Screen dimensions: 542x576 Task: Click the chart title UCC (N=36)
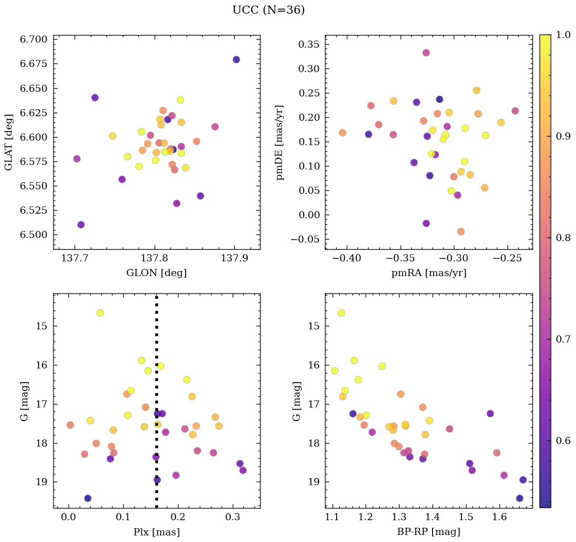[x=268, y=10]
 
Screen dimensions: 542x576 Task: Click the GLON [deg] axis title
[x=156, y=273]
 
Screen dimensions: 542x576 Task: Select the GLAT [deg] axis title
[x=9, y=142]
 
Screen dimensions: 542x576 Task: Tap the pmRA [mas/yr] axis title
[x=428, y=273]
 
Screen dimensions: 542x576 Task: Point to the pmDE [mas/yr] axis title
[x=279, y=143]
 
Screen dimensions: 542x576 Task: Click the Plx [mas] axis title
[x=156, y=532]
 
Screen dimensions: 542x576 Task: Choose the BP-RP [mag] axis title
[x=428, y=532]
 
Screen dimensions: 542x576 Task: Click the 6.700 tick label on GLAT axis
[x=33, y=40]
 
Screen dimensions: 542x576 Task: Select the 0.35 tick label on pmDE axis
[x=308, y=44]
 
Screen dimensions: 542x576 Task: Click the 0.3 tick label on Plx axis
[x=233, y=518]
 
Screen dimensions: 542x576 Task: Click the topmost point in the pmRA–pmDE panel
[x=426, y=53]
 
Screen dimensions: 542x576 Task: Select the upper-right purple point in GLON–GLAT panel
[x=236, y=60]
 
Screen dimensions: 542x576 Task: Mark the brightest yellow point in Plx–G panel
[x=100, y=313]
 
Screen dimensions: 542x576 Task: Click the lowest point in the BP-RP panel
[x=520, y=498]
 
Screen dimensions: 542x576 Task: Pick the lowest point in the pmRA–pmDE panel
[x=461, y=231]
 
